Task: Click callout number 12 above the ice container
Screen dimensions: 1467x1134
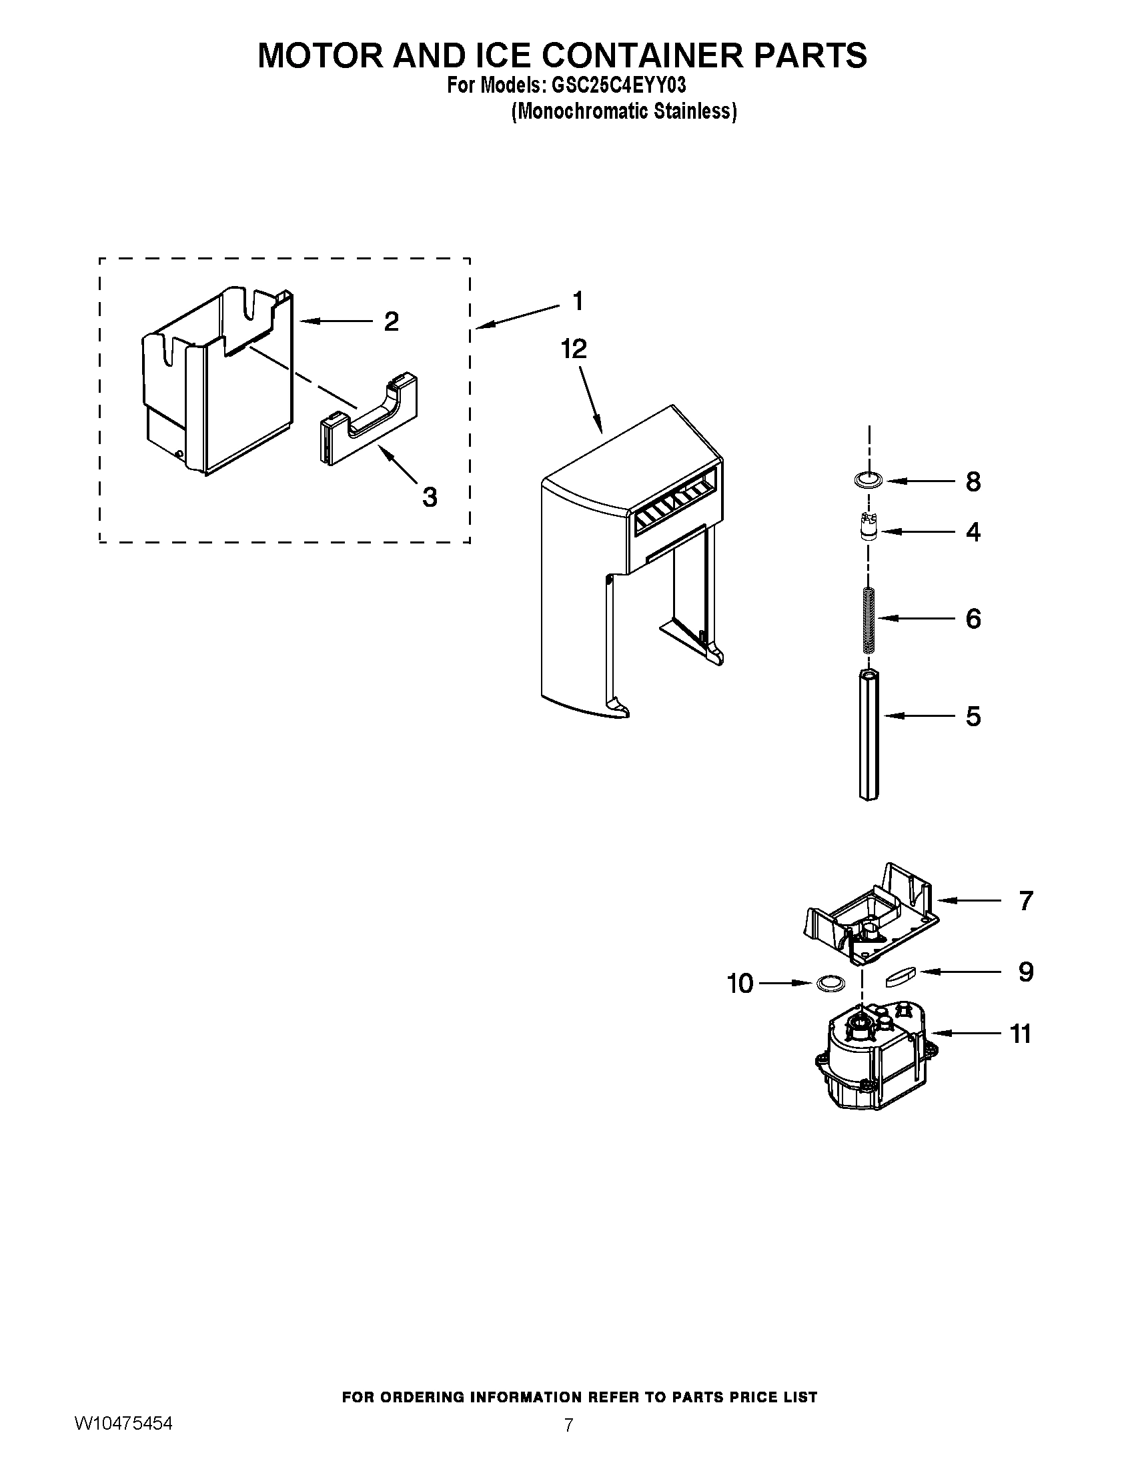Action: (574, 349)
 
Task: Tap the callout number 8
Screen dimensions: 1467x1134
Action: (973, 482)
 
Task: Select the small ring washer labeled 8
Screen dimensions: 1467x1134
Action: (867, 481)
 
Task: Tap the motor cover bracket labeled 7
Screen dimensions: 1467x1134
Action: (873, 916)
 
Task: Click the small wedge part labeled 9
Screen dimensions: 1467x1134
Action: (901, 976)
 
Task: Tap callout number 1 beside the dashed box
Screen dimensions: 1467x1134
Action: (577, 301)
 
